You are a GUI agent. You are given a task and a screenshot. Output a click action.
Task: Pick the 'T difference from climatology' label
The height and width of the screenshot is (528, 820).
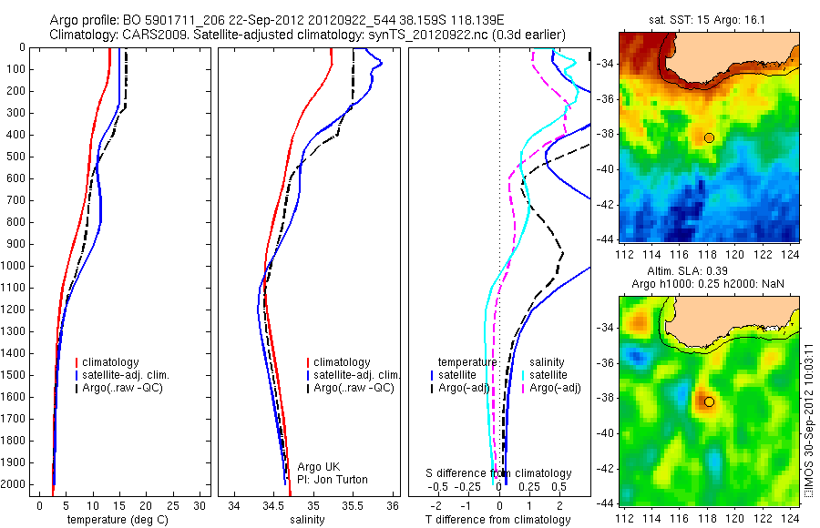tap(497, 520)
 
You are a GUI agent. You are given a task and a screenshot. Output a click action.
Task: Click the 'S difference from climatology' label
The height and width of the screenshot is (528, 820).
tap(499, 474)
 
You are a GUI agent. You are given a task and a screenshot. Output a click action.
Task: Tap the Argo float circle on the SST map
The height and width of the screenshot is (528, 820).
tap(709, 137)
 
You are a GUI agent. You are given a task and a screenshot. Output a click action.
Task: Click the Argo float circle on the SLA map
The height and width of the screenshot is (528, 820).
tap(709, 401)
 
